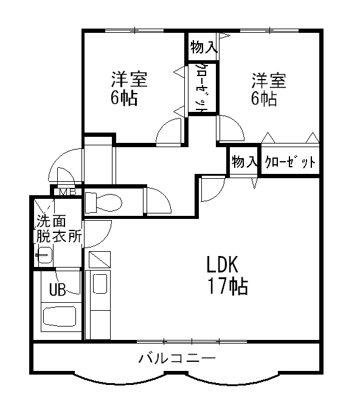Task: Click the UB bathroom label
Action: click(57, 289)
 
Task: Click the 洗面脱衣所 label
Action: click(58, 229)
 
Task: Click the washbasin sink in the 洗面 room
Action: click(44, 255)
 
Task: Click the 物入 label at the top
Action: click(202, 47)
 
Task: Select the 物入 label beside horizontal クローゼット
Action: click(244, 162)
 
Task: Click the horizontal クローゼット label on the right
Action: click(290, 162)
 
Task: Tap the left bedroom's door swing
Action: click(169, 132)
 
